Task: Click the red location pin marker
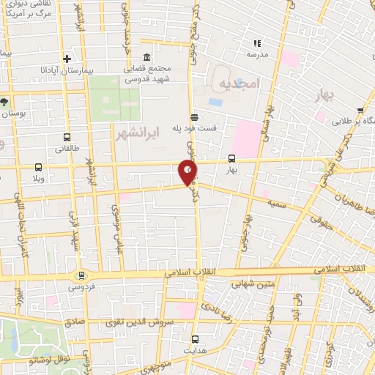pyautogui.click(x=187, y=173)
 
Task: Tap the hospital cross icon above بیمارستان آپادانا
pyautogui.click(x=67, y=59)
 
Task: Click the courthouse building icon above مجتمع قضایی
pyautogui.click(x=147, y=58)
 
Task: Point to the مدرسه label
pyautogui.click(x=257, y=55)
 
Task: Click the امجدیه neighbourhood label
pyautogui.click(x=239, y=84)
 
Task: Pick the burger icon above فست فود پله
pyautogui.click(x=193, y=116)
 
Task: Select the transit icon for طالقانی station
pyautogui.click(x=67, y=137)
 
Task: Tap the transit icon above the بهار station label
pyautogui.click(x=232, y=158)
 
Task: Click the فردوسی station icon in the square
pyautogui.click(x=81, y=275)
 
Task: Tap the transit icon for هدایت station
pyautogui.click(x=195, y=339)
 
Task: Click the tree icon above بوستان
pyautogui.click(x=5, y=102)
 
